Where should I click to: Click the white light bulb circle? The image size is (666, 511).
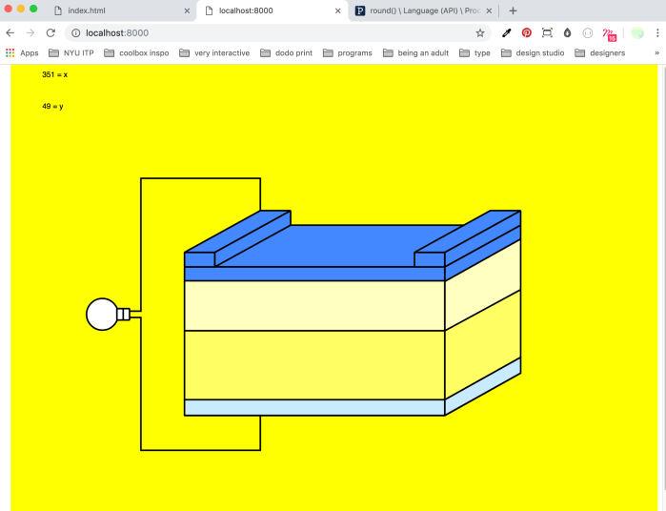(101, 314)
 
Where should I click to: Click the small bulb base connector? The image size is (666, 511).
(123, 314)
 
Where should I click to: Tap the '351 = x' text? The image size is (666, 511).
(54, 74)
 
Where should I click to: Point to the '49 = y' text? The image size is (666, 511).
(52, 106)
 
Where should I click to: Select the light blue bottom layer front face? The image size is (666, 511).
(314, 408)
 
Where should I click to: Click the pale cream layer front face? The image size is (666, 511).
(314, 305)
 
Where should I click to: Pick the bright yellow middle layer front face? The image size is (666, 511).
(314, 365)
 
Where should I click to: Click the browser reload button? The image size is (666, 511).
(50, 32)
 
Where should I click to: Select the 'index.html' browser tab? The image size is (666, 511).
(85, 10)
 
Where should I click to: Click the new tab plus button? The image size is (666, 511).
(513, 10)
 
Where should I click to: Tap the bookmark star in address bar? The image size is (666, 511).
(480, 32)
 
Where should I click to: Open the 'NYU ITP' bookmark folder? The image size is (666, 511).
(71, 53)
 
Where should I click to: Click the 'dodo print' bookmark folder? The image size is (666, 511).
(285, 53)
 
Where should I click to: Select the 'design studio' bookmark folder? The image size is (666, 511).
(535, 53)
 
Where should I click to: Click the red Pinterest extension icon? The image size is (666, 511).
(526, 32)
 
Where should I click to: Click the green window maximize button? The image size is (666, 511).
(33, 9)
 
